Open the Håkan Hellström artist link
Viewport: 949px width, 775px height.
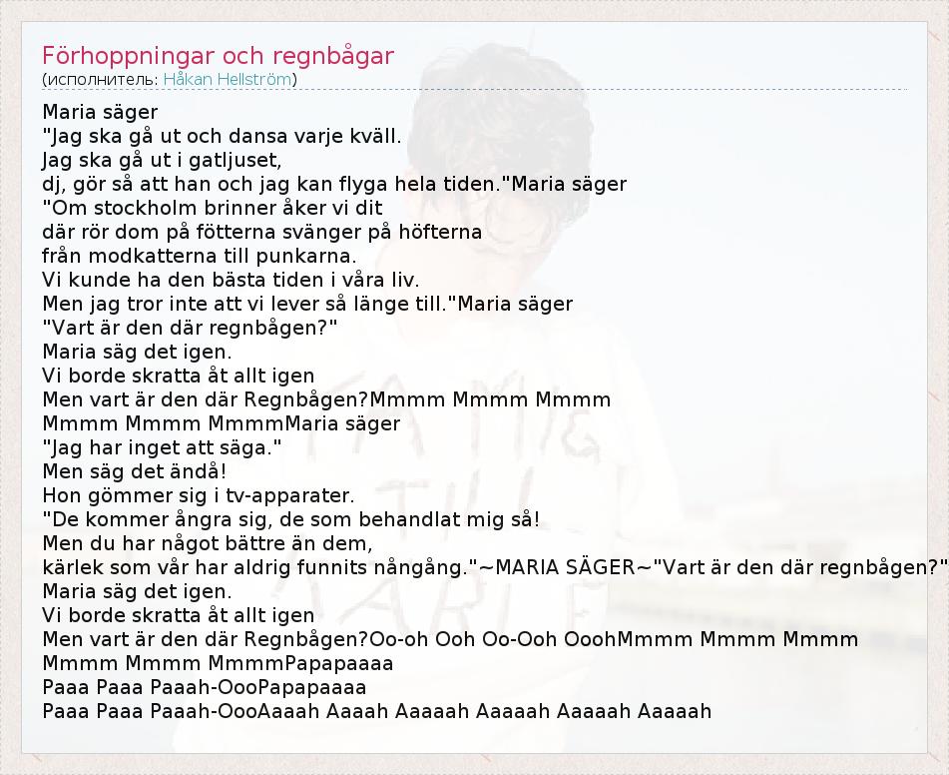228,79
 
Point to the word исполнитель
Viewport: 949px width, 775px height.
100,79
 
